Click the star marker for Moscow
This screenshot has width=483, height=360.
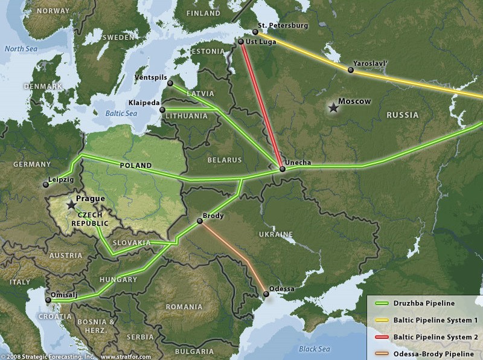(333, 108)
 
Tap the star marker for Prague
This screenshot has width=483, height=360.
(71, 205)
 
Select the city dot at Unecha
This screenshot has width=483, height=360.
(282, 169)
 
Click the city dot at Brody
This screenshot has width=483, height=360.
(199, 222)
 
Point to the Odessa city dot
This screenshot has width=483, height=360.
(266, 294)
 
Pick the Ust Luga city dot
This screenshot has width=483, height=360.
(240, 42)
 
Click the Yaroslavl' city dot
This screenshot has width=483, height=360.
(350, 70)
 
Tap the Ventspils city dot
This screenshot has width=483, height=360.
(170, 83)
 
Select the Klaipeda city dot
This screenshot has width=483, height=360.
(162, 109)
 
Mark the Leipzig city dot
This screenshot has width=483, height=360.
(45, 184)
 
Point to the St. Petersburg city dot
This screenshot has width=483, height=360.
(255, 32)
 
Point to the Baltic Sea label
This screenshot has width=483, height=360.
(121, 113)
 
